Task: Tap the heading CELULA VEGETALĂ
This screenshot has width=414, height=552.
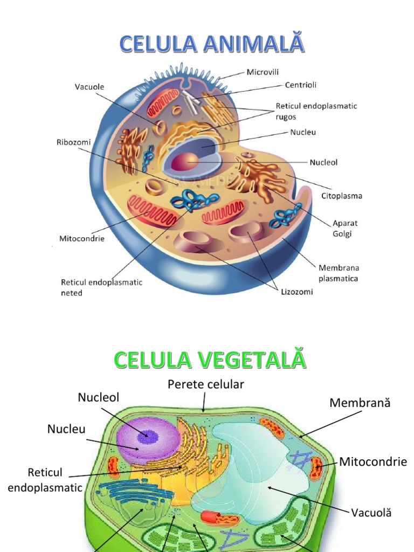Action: (209, 360)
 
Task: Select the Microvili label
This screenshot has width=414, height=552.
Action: (263, 72)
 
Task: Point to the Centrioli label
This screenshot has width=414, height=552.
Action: (300, 85)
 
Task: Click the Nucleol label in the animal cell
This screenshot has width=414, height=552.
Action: (323, 162)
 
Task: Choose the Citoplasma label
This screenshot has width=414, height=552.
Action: (342, 196)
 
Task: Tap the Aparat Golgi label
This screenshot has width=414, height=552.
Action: (345, 228)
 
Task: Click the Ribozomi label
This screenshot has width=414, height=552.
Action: (73, 142)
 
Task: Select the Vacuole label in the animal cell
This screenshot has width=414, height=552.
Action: (89, 86)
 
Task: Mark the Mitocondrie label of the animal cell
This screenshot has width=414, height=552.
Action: (82, 238)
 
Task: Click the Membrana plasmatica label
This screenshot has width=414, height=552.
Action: (339, 273)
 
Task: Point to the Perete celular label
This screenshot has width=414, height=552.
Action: (206, 384)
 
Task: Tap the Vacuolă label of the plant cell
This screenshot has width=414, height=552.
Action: (371, 513)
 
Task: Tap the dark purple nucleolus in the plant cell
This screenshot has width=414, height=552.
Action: (146, 434)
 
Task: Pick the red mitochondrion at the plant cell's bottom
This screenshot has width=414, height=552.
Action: (219, 519)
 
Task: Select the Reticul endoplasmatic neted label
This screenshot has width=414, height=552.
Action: (101, 287)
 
